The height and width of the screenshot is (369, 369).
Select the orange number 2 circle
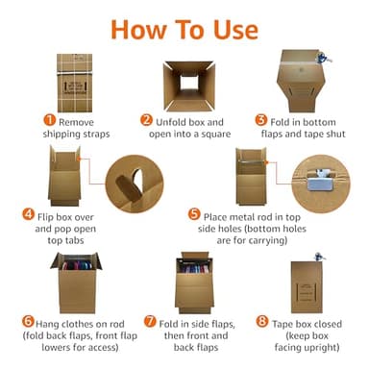coord(147,121)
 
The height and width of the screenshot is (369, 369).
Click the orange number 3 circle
coord(260,121)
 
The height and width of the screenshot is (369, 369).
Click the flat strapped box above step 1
coord(76,78)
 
